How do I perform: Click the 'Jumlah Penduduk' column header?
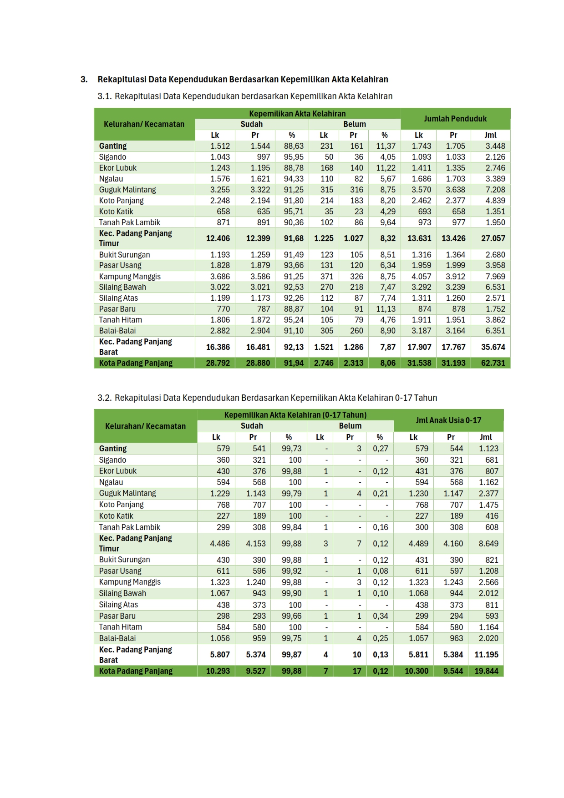[x=455, y=119]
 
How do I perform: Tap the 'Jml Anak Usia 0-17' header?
[x=448, y=420]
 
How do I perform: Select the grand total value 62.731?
[x=493, y=363]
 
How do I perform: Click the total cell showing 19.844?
[x=486, y=671]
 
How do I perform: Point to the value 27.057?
[x=493, y=238]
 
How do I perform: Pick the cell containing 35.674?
[x=493, y=347]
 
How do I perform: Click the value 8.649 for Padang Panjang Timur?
[x=488, y=544]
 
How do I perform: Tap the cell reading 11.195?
[x=486, y=655]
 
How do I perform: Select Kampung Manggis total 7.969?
[x=495, y=277]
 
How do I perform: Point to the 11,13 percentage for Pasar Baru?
[x=386, y=309]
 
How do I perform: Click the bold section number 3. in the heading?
[x=84, y=80]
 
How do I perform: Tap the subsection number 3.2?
[x=104, y=398]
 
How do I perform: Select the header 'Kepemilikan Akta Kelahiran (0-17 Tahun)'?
[x=295, y=415]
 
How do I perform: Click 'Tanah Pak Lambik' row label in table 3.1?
[x=130, y=222]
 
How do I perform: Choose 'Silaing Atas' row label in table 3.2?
[x=118, y=605]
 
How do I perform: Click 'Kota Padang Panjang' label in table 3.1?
[x=136, y=363]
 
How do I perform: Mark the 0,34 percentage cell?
[x=381, y=616]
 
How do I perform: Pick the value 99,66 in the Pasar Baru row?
[x=291, y=616]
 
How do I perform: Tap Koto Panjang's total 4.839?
[x=495, y=201]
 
